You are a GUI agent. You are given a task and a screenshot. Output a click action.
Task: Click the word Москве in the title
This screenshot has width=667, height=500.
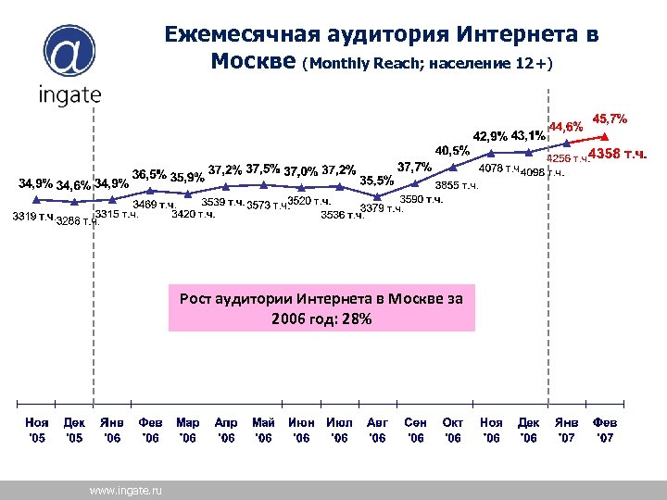click(253, 61)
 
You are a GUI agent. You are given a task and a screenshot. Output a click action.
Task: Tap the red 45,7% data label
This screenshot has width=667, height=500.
click(610, 119)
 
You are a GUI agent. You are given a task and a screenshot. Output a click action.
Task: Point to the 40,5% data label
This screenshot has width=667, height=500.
click(452, 149)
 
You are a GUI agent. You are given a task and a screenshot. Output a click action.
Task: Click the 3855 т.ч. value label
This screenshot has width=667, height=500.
click(457, 185)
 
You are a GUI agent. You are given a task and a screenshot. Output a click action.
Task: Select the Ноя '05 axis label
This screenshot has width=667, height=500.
click(36, 429)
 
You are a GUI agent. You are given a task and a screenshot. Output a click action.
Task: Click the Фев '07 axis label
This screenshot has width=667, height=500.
click(604, 429)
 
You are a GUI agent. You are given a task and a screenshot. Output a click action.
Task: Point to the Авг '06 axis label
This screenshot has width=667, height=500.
click(377, 429)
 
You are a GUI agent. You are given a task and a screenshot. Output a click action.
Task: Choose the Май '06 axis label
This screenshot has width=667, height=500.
click(263, 429)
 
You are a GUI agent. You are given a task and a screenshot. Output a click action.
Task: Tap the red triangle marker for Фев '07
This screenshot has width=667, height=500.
click(604, 147)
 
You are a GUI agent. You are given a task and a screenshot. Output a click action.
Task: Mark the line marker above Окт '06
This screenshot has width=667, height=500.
click(453, 167)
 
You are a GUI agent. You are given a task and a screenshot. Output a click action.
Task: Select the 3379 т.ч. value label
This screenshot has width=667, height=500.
click(382, 208)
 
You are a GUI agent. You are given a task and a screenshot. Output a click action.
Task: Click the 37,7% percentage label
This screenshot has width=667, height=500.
click(413, 167)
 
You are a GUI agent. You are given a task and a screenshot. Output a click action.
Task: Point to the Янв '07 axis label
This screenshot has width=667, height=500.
click(566, 429)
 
